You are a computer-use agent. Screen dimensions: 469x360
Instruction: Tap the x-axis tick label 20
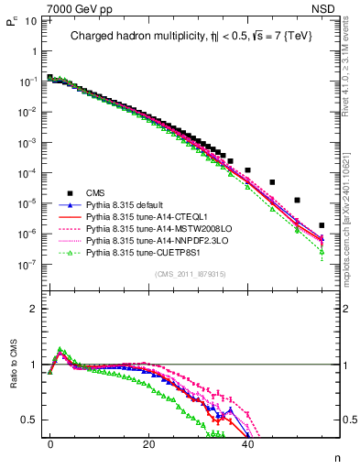point(148,442)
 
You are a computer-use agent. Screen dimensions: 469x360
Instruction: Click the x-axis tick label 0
point(50,442)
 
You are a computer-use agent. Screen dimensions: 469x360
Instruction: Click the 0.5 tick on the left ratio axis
point(29,420)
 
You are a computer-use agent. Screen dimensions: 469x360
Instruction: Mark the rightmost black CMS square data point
point(322,225)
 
